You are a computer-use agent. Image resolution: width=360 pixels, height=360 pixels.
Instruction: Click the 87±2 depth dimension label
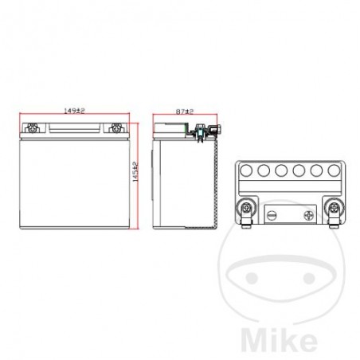click(185, 113)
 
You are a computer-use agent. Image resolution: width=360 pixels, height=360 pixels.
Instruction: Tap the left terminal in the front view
click(33, 127)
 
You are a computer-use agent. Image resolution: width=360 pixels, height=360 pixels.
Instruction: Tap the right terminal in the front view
click(116, 127)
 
